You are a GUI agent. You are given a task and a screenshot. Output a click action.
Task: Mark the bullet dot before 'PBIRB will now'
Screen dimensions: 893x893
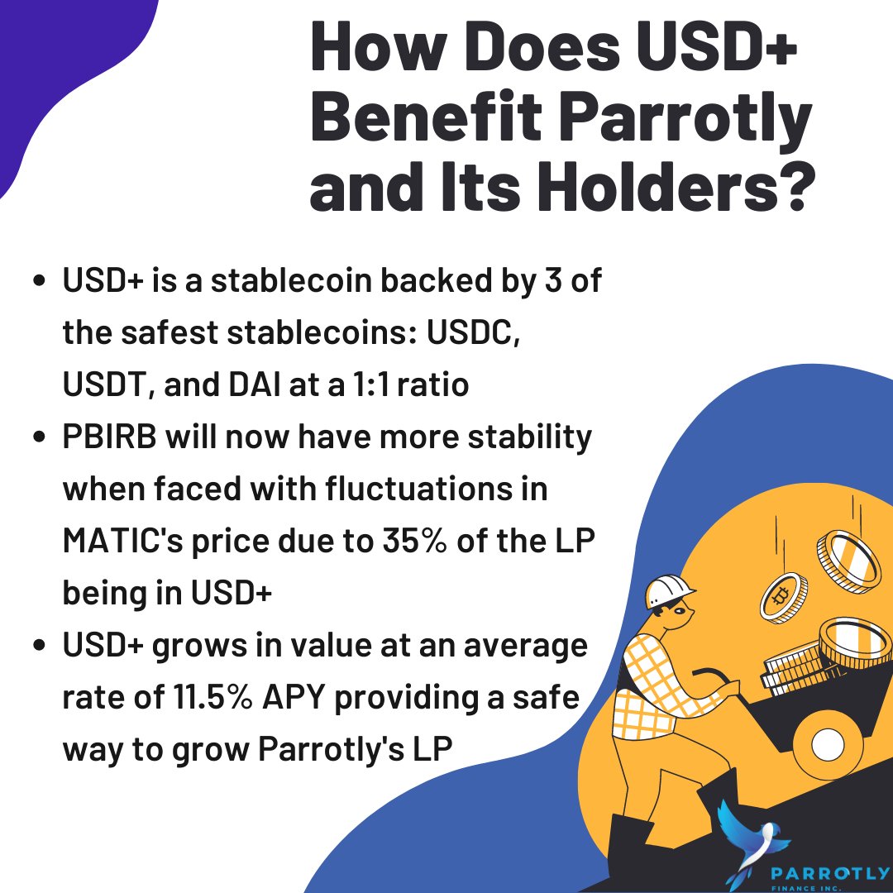point(38,439)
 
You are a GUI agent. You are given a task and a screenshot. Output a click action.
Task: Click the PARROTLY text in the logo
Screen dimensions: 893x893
point(830,872)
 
